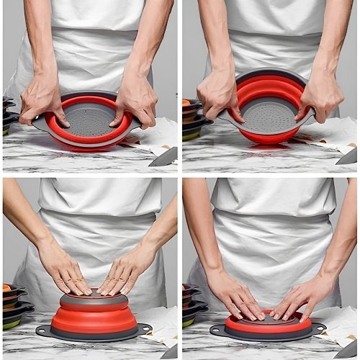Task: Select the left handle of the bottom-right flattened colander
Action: point(217,330)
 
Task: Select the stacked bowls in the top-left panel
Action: point(7,115)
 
